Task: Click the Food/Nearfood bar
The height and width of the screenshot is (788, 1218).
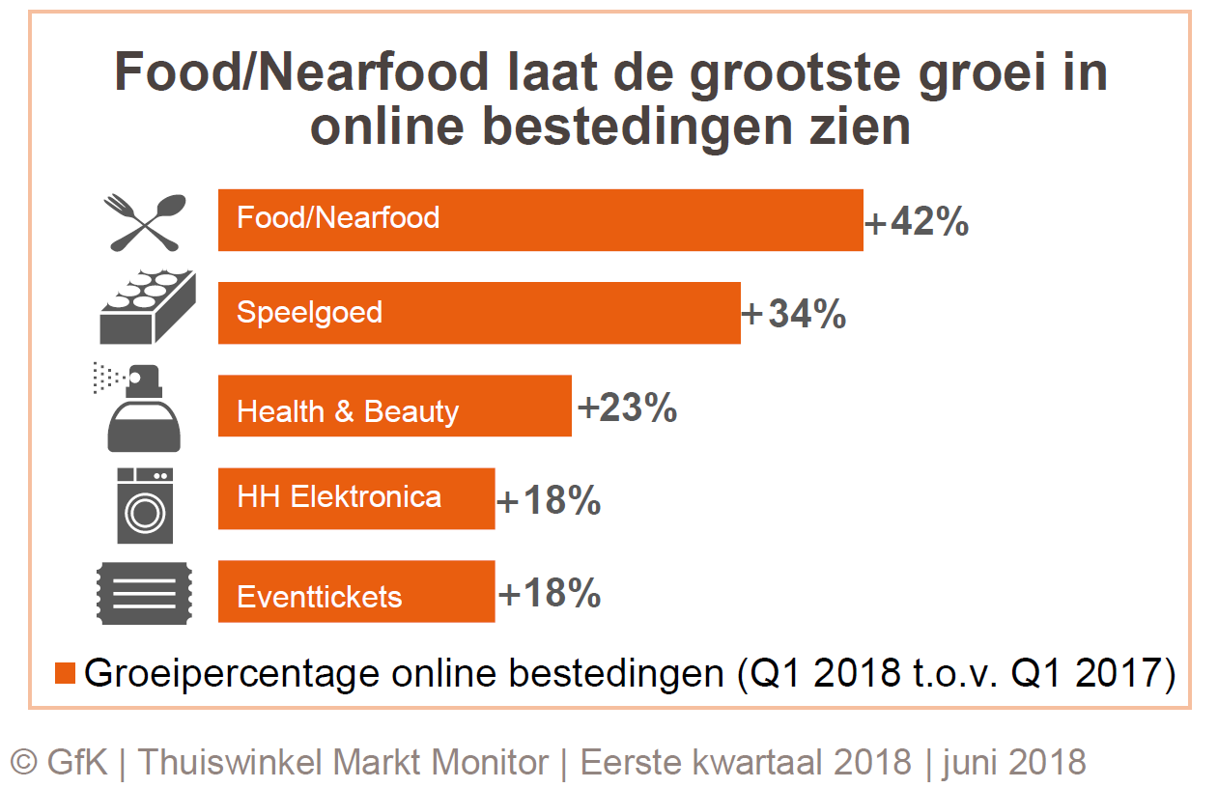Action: click(x=540, y=219)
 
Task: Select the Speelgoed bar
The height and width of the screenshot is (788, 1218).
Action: click(x=479, y=313)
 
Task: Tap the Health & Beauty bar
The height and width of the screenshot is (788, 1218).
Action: click(x=394, y=407)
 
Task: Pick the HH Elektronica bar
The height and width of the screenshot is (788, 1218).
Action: click(x=356, y=498)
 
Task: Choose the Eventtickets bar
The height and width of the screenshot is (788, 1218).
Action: click(x=356, y=592)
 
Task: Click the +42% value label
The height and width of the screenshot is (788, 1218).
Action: click(x=916, y=222)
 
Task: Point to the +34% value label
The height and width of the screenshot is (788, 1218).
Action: click(x=794, y=315)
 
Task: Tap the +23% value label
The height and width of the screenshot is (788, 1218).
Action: click(x=627, y=408)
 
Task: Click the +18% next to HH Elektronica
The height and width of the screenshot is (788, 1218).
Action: click(x=549, y=502)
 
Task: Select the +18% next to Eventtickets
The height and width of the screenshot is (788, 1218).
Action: click(x=549, y=594)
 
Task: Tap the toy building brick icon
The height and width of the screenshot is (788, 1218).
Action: click(x=148, y=308)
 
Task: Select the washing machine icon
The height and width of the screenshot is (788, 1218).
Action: click(x=146, y=504)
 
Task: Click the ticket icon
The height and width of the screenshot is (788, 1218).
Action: click(x=145, y=594)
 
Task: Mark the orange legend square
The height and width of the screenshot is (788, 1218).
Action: click(x=66, y=673)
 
